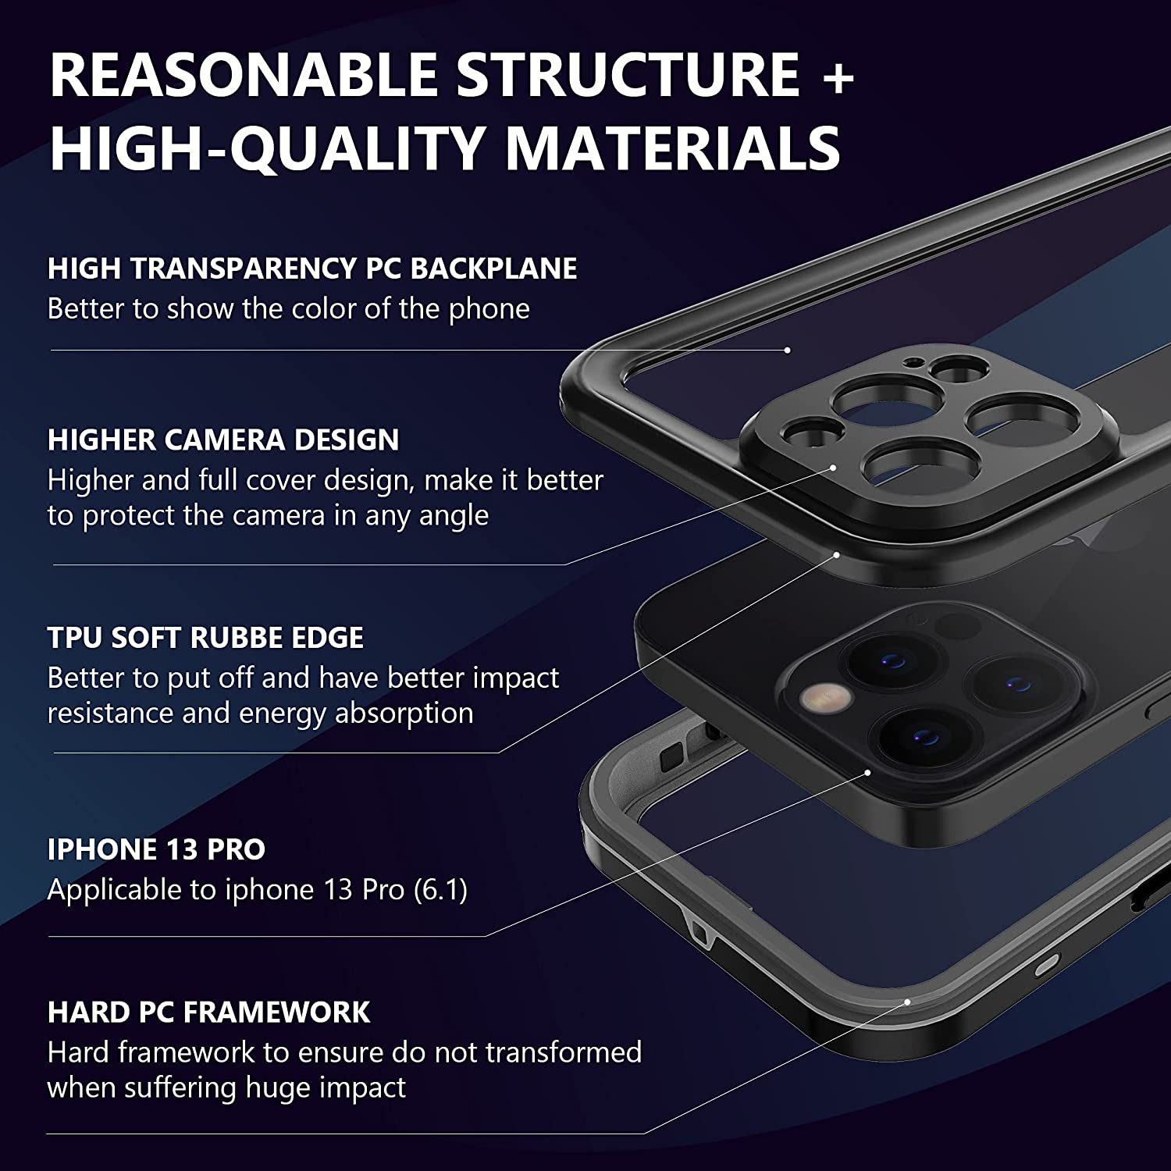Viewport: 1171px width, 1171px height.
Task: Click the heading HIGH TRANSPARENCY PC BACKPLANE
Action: (312, 269)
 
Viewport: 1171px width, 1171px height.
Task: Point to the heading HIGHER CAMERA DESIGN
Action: (223, 440)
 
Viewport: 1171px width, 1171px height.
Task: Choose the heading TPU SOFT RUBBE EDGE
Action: (205, 638)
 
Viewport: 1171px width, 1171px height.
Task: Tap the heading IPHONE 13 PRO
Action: (156, 849)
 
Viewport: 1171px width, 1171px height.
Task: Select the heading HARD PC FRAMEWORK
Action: (208, 1013)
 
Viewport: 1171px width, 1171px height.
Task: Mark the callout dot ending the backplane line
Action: (788, 351)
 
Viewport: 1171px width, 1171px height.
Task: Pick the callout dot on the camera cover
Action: (833, 468)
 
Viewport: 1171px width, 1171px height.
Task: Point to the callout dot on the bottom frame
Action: (907, 1001)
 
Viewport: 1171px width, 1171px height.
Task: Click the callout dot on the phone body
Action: (868, 772)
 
